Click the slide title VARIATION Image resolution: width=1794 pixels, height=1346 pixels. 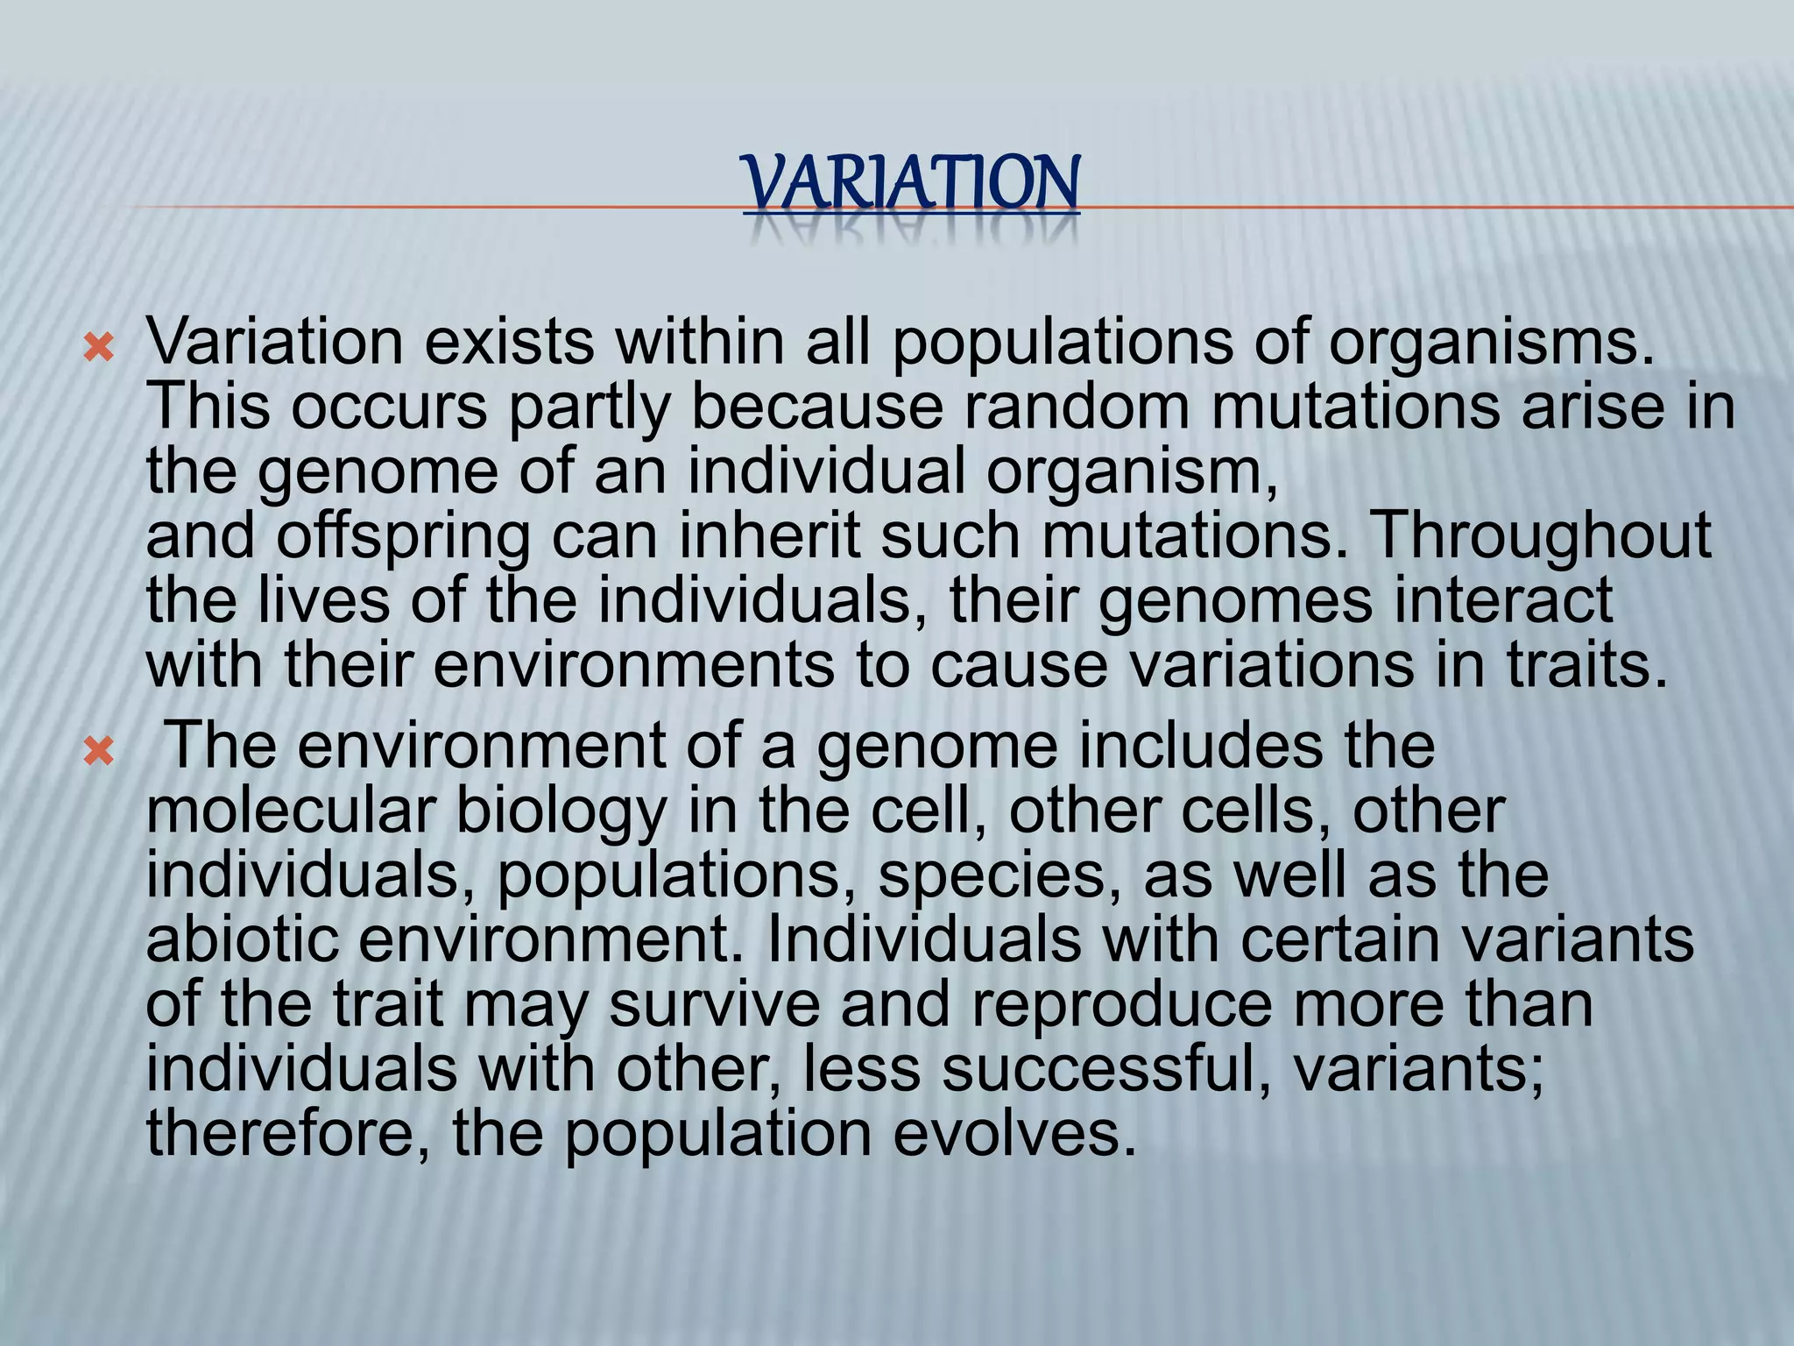pyautogui.click(x=911, y=184)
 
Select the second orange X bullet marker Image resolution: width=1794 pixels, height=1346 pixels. pyautogui.click(x=98, y=752)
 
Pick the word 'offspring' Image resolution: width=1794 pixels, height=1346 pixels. pyautogui.click(x=403, y=536)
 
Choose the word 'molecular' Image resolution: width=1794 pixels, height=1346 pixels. pyautogui.click(x=291, y=810)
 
